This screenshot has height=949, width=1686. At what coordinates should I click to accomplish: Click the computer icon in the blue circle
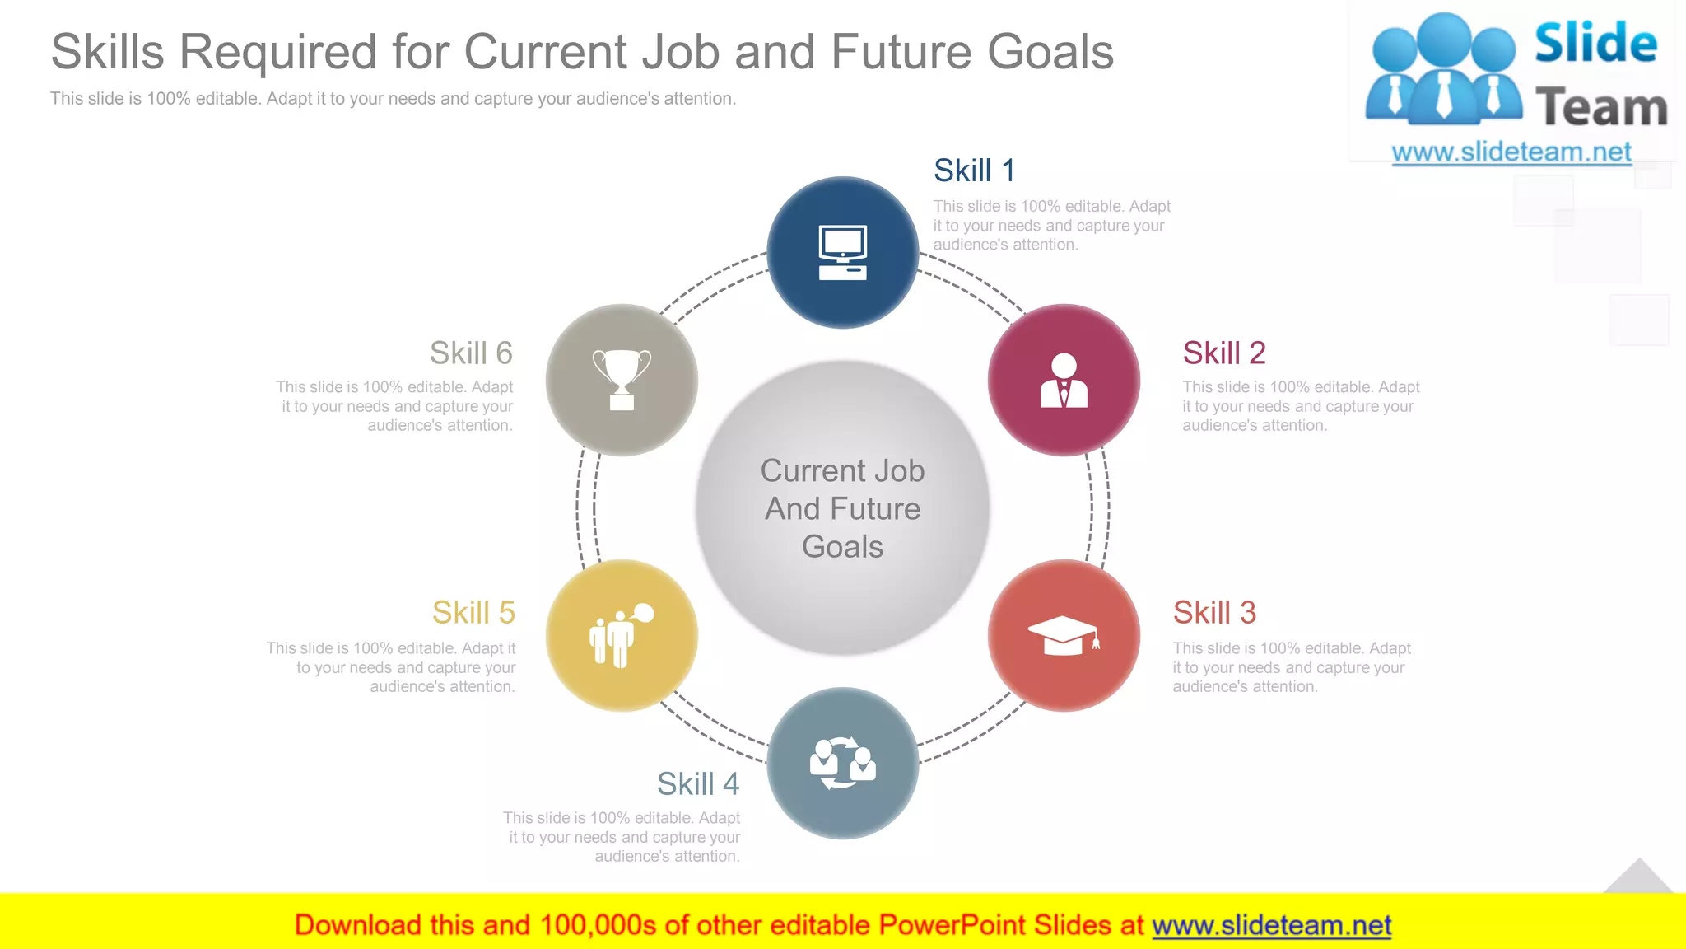[x=842, y=252]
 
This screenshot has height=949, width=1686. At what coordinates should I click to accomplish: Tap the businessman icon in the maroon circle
[x=1064, y=381]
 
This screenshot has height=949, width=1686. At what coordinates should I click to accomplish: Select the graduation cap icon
[x=1063, y=635]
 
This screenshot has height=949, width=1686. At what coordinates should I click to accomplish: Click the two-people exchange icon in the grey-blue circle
[x=842, y=763]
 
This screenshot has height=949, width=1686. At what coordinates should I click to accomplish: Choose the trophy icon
[x=622, y=379]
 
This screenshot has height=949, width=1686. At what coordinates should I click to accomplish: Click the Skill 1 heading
[x=974, y=171]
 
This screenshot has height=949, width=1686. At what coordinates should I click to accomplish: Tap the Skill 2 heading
[x=1223, y=353]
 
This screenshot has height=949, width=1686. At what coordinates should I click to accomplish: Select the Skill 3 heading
[x=1214, y=613]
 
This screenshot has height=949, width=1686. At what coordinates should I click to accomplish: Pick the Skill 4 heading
[x=697, y=784]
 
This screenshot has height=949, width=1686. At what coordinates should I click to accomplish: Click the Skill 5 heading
[x=473, y=613]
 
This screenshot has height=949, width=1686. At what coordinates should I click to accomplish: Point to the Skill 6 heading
[x=471, y=353]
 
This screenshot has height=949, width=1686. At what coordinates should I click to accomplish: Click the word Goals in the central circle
[x=842, y=547]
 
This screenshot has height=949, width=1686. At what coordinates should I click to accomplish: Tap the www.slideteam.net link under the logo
[x=1511, y=152]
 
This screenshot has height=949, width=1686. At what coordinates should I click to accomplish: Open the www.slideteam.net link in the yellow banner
[x=1271, y=925]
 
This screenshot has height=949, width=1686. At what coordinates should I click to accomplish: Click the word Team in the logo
[x=1600, y=108]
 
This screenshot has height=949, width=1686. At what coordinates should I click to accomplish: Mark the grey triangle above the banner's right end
[x=1638, y=877]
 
